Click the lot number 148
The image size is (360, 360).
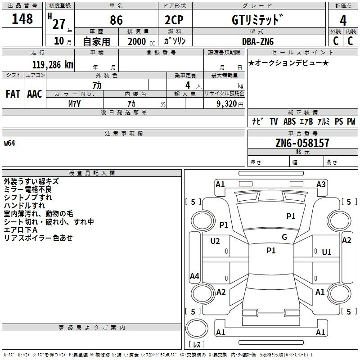coord(22,18)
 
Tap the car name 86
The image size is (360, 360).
coord(116,20)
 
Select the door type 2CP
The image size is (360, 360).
coord(174,20)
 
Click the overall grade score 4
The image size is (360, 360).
coord(343,21)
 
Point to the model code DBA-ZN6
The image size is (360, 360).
coord(258,41)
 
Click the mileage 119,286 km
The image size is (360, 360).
coord(53,65)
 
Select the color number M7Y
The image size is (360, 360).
coord(75,104)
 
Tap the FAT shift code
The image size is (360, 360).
coord(13,94)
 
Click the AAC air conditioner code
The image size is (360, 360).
coord(35,94)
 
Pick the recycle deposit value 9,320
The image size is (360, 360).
coord(227,104)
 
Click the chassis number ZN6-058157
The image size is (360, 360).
coord(302,143)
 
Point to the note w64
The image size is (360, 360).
coord(9,143)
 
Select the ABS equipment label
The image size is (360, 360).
coord(289,121)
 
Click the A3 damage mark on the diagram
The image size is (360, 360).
coord(321,184)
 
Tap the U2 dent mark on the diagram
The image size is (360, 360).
coord(215,241)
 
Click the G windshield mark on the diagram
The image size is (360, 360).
coord(284,237)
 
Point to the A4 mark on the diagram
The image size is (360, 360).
coord(194,276)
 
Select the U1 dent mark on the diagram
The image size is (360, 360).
coord(327,252)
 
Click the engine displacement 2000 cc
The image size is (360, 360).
coord(141,41)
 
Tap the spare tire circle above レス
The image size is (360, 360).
coord(197,328)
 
